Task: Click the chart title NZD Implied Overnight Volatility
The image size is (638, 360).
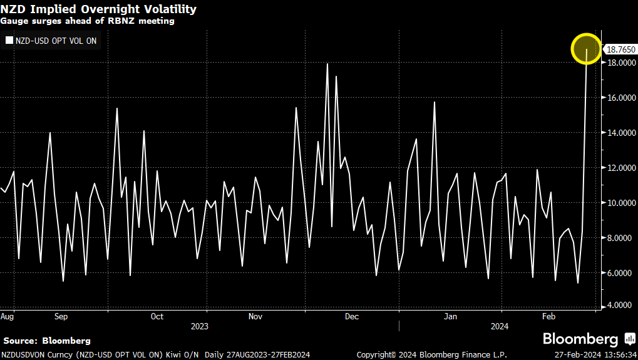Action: tap(98, 9)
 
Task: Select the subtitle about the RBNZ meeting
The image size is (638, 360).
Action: tap(87, 21)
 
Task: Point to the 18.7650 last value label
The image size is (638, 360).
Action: tap(619, 49)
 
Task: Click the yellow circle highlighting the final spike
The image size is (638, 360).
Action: tap(587, 49)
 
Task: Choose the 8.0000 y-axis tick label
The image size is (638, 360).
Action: tap(618, 238)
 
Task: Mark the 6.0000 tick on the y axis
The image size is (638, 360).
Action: tap(618, 273)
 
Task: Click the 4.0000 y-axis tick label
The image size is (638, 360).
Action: tap(618, 306)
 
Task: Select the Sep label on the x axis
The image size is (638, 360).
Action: tap(61, 316)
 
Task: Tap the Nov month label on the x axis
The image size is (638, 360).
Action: tap(255, 316)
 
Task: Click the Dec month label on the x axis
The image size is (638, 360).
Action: tap(352, 316)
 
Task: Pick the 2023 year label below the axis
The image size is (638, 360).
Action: tap(200, 326)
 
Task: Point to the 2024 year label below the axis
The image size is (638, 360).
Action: tap(500, 326)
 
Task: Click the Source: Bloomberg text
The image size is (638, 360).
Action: tap(47, 341)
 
